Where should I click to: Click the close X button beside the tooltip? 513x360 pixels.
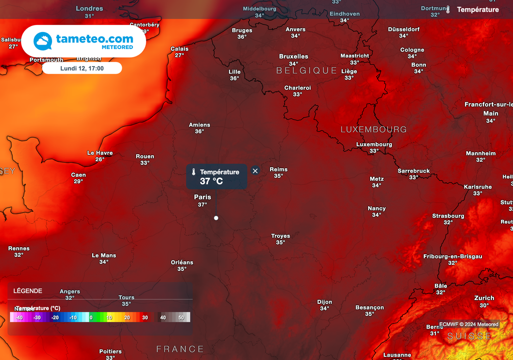point(255,171)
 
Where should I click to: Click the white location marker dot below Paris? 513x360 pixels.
point(216,218)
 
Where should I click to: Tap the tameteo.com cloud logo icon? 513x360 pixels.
point(43,41)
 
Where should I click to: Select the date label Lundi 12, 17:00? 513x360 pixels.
point(82,68)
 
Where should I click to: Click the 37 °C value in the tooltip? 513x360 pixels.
point(211,181)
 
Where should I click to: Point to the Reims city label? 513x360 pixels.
point(279,169)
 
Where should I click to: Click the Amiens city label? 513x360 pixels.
point(199,125)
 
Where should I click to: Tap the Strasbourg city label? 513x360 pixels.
point(448,216)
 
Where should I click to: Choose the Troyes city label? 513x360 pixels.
point(281,236)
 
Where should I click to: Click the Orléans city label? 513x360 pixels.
point(182,262)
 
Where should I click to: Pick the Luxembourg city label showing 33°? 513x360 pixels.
point(374,145)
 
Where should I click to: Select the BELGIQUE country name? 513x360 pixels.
point(307,71)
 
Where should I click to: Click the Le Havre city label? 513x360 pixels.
point(100,153)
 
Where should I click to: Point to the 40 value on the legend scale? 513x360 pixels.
point(163,317)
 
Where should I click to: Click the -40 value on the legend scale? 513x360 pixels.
point(19,317)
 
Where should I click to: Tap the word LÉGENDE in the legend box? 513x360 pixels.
point(28,291)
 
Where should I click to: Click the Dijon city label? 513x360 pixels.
point(325,302)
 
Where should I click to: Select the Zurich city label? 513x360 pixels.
point(484,298)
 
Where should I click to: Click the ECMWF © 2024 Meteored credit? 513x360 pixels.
point(468,324)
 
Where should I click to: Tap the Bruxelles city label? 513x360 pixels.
point(294,57)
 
